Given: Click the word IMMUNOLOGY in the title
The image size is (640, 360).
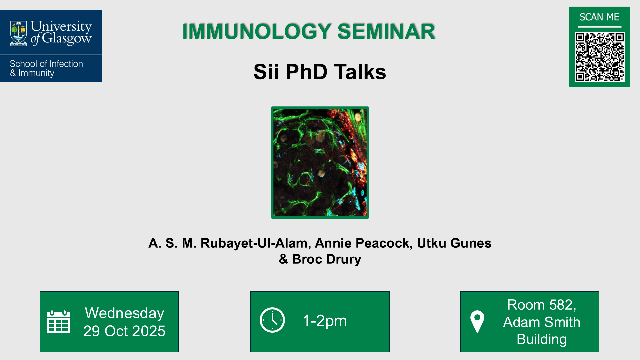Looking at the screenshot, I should click(x=257, y=32).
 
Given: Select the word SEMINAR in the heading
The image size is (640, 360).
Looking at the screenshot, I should click(x=386, y=32).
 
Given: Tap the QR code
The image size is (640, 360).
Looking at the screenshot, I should click(x=600, y=57).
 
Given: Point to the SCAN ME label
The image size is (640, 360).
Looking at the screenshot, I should click(x=599, y=17).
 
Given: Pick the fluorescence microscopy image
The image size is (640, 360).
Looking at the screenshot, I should click(x=320, y=162).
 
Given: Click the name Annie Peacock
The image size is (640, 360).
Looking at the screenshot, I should click(x=362, y=243).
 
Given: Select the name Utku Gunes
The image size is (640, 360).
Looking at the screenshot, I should click(x=454, y=243).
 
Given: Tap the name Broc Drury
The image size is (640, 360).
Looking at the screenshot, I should click(x=327, y=259).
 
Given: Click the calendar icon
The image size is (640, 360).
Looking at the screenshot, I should click(x=58, y=322).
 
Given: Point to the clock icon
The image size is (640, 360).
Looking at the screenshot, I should click(x=272, y=320).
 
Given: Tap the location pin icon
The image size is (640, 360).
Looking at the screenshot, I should click(x=477, y=321).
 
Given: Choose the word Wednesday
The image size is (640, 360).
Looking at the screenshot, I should click(x=124, y=313).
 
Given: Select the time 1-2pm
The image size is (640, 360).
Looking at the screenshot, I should click(x=325, y=321).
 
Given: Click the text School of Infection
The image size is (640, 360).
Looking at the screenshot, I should click(x=46, y=64).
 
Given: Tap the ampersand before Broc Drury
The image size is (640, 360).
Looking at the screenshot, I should click(x=283, y=259).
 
